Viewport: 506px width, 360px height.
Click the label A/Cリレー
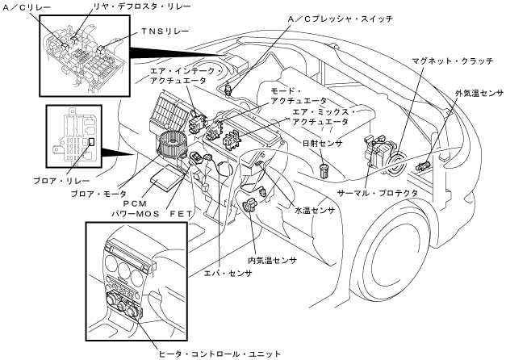click(27, 8)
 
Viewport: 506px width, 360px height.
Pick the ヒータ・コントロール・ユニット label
click(212, 352)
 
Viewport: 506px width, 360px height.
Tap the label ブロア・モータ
click(94, 195)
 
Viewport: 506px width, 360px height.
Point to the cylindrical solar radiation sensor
click(324, 170)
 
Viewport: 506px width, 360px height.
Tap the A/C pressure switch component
click(230, 86)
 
